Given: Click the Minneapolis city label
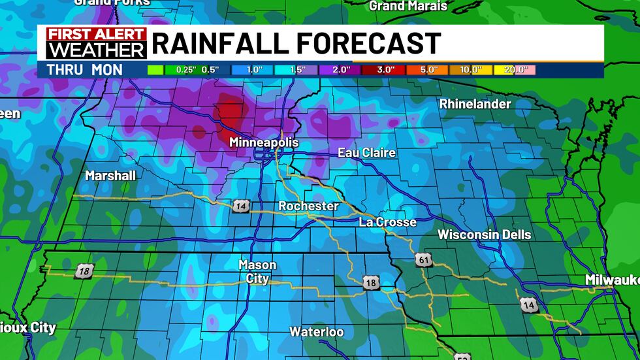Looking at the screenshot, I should pyautogui.click(x=263, y=142).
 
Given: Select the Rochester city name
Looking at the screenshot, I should pyautogui.click(x=308, y=206).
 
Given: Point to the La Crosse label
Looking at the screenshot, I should pyautogui.click(x=387, y=222).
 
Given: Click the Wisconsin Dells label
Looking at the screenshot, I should pyautogui.click(x=484, y=235).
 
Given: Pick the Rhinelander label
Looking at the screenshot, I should pyautogui.click(x=475, y=104).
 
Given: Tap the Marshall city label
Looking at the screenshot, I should pyautogui.click(x=110, y=175).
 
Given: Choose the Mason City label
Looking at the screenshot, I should pyautogui.click(x=257, y=272).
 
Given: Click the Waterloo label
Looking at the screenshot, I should pyautogui.click(x=317, y=332).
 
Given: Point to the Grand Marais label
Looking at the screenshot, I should pyautogui.click(x=408, y=6).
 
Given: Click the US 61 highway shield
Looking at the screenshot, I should pyautogui.click(x=423, y=260).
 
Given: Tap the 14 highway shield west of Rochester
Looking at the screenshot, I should pyautogui.click(x=241, y=206).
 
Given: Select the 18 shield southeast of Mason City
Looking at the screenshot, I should pyautogui.click(x=371, y=282).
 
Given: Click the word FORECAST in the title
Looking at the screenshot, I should pyautogui.click(x=368, y=44).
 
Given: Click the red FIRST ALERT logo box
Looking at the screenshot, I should pyautogui.click(x=96, y=34).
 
